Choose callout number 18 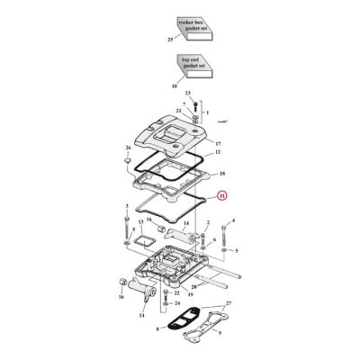pos(223,171)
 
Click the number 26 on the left pos(128,147)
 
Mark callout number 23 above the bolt pos(188,94)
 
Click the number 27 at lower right pos(229,305)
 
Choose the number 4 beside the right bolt pos(233,220)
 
